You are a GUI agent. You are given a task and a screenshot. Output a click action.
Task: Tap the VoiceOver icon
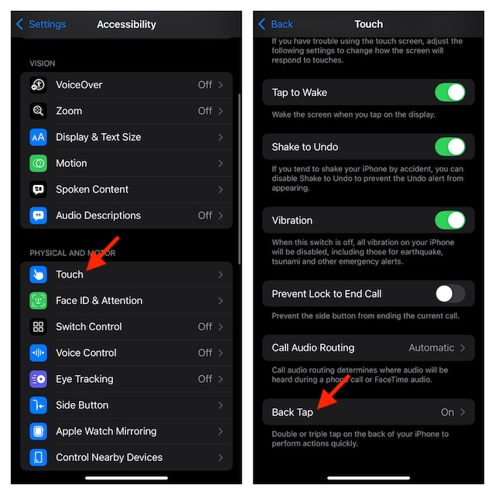coord(38,84)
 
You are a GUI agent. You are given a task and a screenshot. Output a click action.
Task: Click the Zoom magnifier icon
coord(38,111)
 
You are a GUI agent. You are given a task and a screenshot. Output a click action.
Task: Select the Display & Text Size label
coord(98,137)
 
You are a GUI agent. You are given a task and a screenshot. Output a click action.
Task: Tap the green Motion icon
coord(38,163)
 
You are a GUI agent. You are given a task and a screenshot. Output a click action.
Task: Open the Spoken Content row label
coord(92,189)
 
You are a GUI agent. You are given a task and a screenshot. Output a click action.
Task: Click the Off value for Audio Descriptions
coord(204,215)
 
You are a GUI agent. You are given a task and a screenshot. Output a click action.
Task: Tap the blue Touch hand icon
coord(38,275)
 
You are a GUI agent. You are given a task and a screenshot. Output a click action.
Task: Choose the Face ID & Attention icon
coord(38,301)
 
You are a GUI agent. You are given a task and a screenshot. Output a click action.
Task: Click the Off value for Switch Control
coord(204,326)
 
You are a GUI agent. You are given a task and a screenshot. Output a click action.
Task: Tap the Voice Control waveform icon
coord(38,353)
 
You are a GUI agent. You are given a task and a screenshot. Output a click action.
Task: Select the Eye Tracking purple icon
coord(38,379)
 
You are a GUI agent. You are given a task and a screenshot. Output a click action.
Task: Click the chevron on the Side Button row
coord(220,405)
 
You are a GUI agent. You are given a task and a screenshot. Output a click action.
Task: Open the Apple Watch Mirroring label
coord(106,432)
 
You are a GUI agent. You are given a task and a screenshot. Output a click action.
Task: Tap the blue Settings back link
coord(41,24)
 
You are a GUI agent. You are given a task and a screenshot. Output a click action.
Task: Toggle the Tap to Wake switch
coord(450,93)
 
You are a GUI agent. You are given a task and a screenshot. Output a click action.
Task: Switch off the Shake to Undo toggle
coord(450,147)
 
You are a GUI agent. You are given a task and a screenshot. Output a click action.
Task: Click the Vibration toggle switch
coord(450,220)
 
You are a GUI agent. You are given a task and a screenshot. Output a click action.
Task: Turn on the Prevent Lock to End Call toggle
coord(450,294)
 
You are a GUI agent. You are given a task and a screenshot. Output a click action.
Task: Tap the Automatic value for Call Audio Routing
coord(432,347)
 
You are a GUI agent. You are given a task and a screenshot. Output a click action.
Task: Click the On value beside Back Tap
coord(447,412)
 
